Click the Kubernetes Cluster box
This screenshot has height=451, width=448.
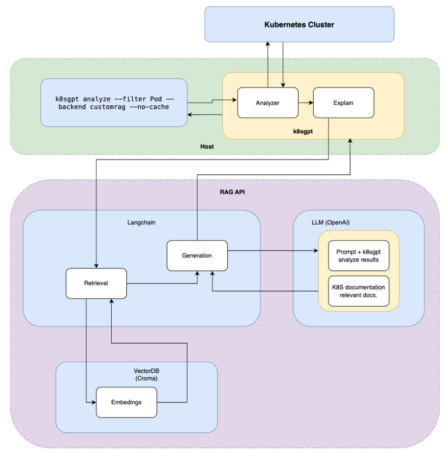coord(299,24)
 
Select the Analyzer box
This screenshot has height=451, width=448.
coord(268,103)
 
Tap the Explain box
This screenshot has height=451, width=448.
coord(343,103)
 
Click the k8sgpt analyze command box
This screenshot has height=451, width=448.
coord(114,103)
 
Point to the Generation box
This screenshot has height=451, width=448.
coord(197,256)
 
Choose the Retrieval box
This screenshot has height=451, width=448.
coord(96,283)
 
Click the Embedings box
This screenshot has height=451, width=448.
coord(126,402)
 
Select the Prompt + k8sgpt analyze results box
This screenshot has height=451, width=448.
coord(358,256)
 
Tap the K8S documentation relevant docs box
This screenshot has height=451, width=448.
coord(358,291)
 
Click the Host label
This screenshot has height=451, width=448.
coord(207,147)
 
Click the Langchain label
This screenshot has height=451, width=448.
coord(142,223)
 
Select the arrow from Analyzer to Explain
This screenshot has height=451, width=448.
coord(306,103)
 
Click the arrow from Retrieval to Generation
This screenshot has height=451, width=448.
coord(162,284)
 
